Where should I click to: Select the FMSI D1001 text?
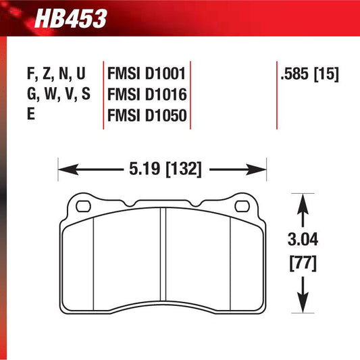[x=147, y=73]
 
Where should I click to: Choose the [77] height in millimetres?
[x=302, y=259]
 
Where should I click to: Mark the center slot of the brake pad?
[x=162, y=260]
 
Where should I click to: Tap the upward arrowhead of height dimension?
[x=302, y=201]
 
